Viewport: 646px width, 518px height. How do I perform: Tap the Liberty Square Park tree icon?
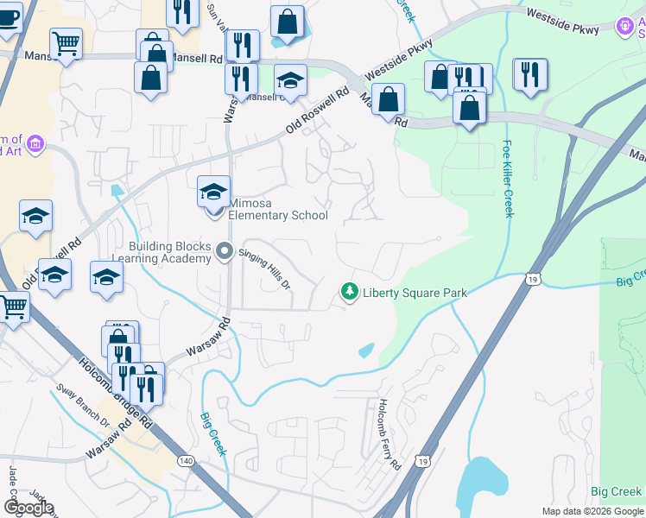350,293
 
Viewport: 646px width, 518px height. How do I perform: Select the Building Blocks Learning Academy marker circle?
225,252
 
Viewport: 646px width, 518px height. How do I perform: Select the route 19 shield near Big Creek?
532,279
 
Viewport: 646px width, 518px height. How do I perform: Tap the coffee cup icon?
8,16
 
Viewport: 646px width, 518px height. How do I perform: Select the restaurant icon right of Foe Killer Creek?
529,75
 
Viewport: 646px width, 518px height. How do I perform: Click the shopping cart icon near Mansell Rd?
66,43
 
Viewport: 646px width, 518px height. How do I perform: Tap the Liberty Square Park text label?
415,293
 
